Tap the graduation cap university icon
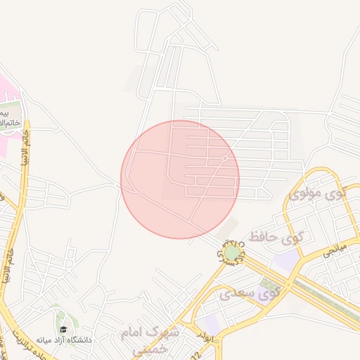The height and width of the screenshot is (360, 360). pyautogui.click(x=63, y=329)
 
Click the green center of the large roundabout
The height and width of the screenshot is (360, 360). pyautogui.click(x=231, y=252)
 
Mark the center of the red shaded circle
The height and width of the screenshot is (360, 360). pyautogui.click(x=180, y=179)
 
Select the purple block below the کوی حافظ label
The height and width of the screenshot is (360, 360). pyautogui.click(x=285, y=259)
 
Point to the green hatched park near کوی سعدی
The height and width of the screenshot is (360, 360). pyautogui.click(x=268, y=285)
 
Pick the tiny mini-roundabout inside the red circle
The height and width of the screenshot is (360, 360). pyautogui.click(x=224, y=160)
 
